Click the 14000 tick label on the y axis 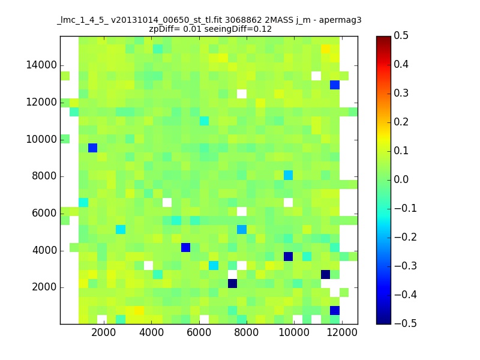click(41, 65)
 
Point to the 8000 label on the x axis click(247, 332)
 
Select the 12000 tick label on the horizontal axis click(342, 332)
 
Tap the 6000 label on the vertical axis click(44, 214)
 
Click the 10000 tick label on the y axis click(41, 139)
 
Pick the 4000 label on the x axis click(152, 332)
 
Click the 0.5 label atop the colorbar click(401, 35)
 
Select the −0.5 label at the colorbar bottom click(406, 323)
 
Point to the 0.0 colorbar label click(401, 179)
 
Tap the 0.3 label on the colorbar click(401, 93)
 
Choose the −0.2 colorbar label click(406, 237)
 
